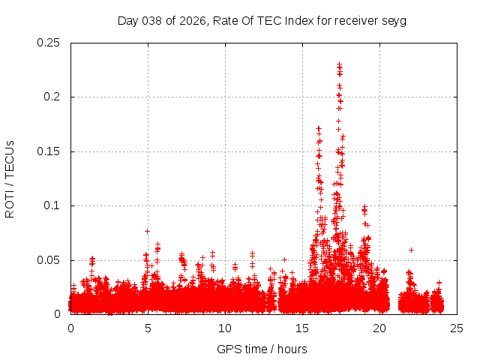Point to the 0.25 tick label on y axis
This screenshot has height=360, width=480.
coord(49,43)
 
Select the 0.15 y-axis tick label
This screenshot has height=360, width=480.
coord(49,151)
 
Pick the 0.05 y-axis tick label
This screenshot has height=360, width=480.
coord(49,260)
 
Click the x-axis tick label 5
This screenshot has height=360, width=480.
coord(148,328)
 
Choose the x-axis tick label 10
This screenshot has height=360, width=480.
coord(225,328)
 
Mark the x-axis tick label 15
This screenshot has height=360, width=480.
coord(302,328)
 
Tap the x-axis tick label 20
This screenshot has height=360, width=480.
coord(379,328)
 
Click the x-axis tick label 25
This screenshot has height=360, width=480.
coord(457,328)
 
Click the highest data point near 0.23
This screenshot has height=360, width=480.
coord(339,64)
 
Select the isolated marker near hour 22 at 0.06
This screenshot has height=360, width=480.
coord(411,250)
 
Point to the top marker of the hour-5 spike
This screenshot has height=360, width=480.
coord(148,231)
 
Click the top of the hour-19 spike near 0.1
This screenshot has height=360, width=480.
coord(364,207)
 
